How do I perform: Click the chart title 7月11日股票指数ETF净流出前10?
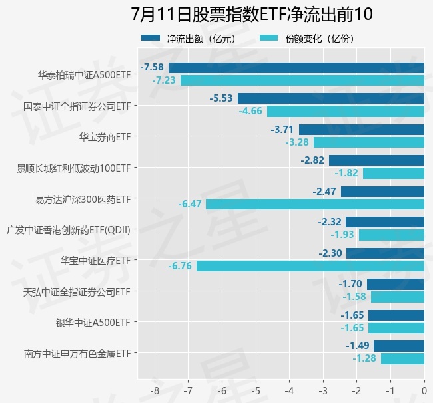point(252,14)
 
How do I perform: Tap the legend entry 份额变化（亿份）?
point(319,39)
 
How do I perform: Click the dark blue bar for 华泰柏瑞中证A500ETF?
point(296,67)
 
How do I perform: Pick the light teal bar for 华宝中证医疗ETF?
point(310,266)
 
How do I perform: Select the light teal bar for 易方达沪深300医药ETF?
point(315,204)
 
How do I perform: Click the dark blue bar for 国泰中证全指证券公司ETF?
point(331,98)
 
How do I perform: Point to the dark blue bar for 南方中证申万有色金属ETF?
point(399,346)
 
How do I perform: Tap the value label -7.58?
point(152,67)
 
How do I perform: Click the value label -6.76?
point(180,266)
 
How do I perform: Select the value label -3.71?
point(282,129)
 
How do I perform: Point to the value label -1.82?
point(346,173)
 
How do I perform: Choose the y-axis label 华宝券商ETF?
point(104,137)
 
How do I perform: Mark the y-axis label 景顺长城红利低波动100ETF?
point(73,168)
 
